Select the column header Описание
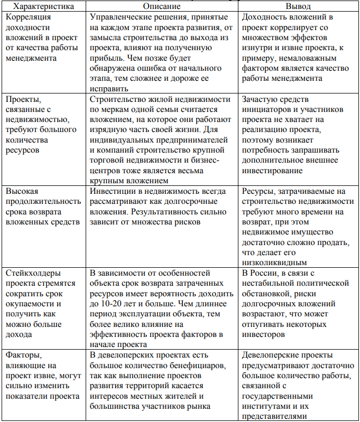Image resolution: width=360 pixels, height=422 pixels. pyautogui.click(x=162, y=7)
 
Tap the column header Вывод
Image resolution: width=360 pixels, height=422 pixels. pyautogui.click(x=298, y=7)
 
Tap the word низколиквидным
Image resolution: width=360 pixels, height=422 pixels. pyautogui.click(x=274, y=262)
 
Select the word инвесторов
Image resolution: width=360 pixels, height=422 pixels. pyautogui.click(x=262, y=334)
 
